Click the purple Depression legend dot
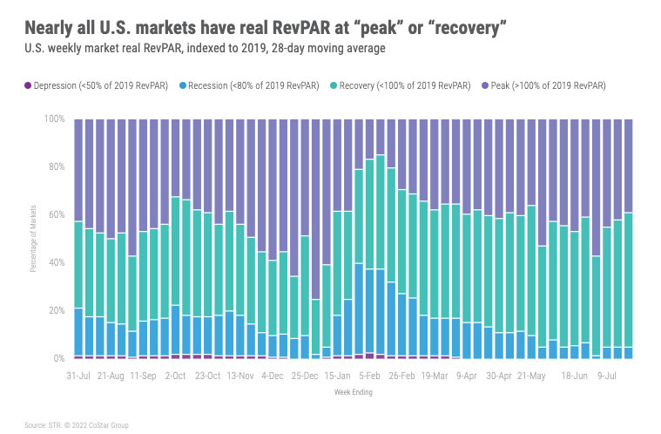pyautogui.click(x=27, y=85)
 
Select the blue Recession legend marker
pyautogui.click(x=184, y=85)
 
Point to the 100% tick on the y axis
pyautogui.click(x=54, y=119)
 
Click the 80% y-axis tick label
pyautogui.click(x=56, y=166)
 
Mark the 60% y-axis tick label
pyautogui.click(x=56, y=214)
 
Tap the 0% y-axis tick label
pyautogui.click(x=58, y=358)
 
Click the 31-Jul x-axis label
pyautogui.click(x=79, y=376)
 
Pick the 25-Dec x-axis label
pyautogui.click(x=304, y=376)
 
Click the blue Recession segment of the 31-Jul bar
pyautogui.click(x=78, y=332)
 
